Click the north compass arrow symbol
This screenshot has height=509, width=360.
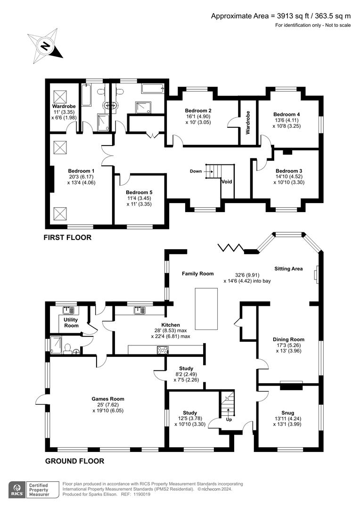tap(45, 46)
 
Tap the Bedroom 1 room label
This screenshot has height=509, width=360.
tap(81, 171)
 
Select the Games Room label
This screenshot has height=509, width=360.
tap(108, 399)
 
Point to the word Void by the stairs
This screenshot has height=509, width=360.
tap(227, 181)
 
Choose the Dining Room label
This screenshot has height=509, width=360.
tap(288, 339)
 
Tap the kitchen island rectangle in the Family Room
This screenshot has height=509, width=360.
tap(206, 308)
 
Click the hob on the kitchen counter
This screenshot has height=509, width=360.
tap(163, 350)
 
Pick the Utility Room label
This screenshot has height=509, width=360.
tap(71, 322)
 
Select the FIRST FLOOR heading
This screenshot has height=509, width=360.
tap(67, 238)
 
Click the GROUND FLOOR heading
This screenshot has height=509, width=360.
tap(74, 461)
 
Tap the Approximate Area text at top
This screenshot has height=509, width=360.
tap(281, 16)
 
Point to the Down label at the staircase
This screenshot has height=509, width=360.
tap(196, 171)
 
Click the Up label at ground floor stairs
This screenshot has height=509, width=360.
tap(229, 419)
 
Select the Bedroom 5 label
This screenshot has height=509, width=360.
tap(139, 192)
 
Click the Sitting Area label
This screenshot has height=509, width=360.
tap(288, 269)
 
